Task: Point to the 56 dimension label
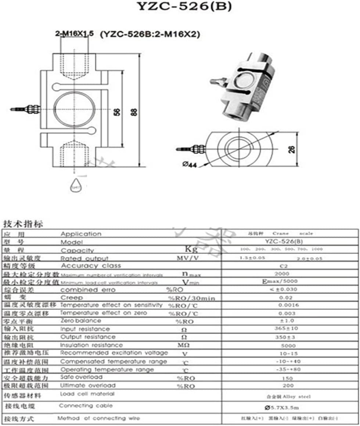(117, 111)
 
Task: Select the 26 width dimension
(291, 148)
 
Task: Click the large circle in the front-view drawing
(74, 110)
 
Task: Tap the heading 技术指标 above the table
(23, 224)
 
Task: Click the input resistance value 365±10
(286, 329)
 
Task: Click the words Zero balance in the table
(80, 321)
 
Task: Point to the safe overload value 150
(288, 378)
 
